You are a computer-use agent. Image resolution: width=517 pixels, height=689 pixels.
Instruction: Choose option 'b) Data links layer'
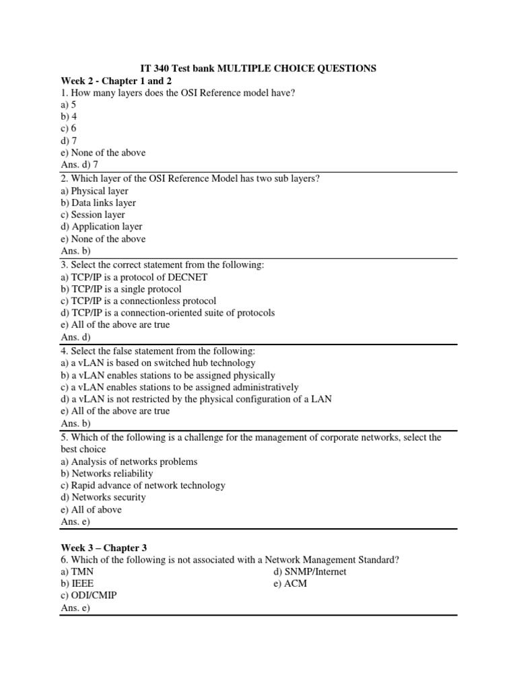(98, 203)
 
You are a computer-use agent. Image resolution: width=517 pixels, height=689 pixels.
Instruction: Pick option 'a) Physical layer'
(94, 190)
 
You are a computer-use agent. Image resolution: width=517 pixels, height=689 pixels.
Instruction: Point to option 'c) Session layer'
(93, 215)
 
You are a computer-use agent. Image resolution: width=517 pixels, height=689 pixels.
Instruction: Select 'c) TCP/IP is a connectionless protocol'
(138, 301)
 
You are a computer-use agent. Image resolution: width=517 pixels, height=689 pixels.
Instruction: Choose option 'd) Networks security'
(103, 497)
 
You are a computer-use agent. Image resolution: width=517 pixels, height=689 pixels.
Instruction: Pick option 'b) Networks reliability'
(107, 473)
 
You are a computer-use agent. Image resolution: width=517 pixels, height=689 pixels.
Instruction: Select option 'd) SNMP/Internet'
(310, 572)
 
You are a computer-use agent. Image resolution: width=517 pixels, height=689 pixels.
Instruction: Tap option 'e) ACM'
(291, 584)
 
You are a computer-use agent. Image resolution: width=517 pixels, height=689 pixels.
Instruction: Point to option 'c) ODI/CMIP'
(88, 596)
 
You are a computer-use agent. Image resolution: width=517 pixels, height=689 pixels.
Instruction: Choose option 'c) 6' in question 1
(69, 129)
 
